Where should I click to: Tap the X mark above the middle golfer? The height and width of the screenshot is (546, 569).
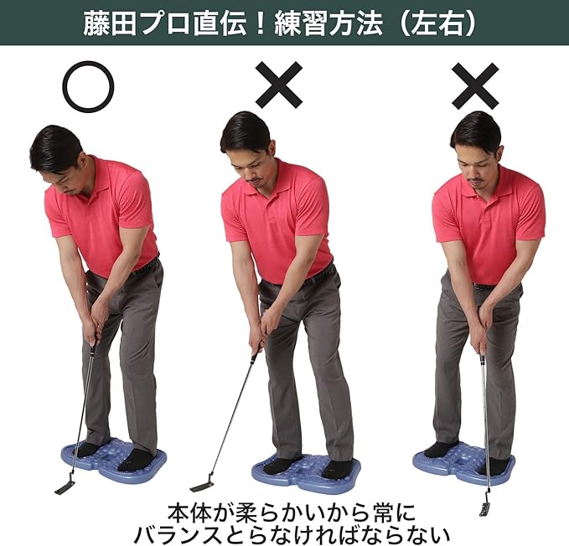pyautogui.click(x=279, y=85)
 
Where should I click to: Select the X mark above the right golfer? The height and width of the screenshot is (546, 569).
pyautogui.click(x=475, y=86)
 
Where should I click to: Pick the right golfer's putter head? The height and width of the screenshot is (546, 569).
pyautogui.click(x=485, y=508)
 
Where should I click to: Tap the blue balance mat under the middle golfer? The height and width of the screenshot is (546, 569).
pyautogui.click(x=307, y=473)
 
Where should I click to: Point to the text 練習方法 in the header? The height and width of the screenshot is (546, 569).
pyautogui.click(x=328, y=24)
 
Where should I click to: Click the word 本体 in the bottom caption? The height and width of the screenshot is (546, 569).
pyautogui.click(x=189, y=511)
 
